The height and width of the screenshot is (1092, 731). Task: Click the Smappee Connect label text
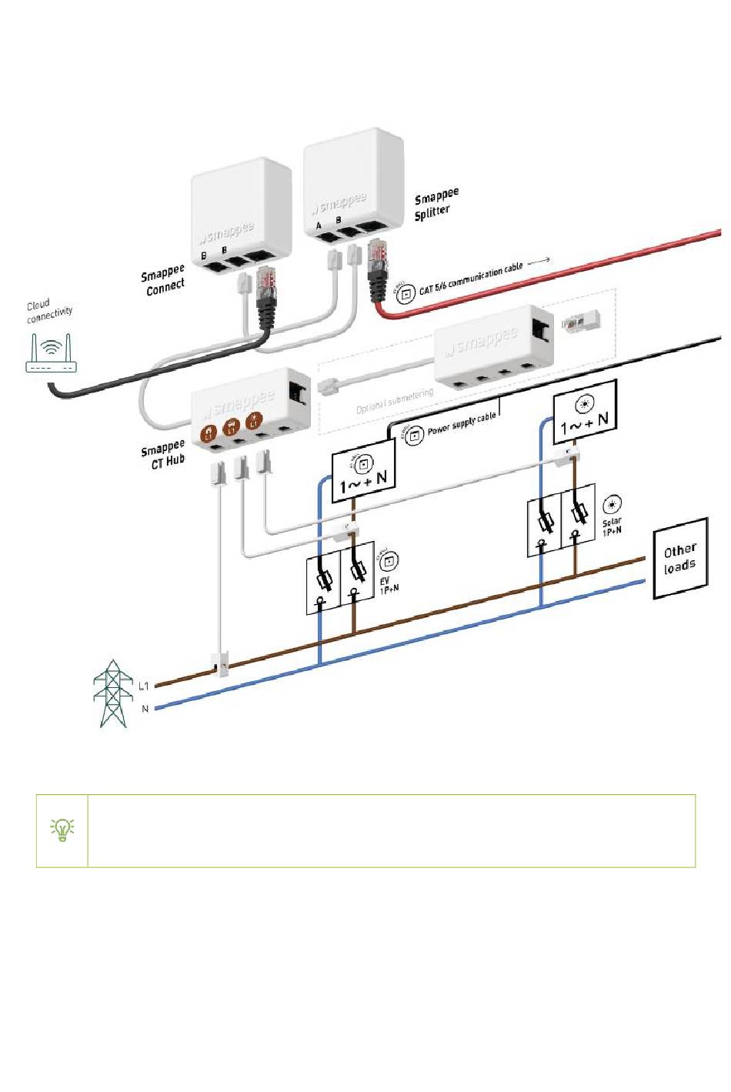[163, 280]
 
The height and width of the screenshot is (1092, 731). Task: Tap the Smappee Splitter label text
[436, 204]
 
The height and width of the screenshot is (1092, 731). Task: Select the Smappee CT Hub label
[163, 454]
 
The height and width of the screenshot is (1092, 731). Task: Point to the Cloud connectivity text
[49, 311]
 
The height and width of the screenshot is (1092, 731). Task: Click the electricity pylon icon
[112, 693]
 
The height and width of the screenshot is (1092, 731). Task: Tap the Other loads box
[679, 558]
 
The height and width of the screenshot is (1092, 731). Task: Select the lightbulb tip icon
[62, 830]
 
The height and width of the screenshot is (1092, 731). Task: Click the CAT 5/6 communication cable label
[470, 279]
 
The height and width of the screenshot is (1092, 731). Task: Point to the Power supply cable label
[462, 424]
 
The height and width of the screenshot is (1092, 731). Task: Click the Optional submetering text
[394, 401]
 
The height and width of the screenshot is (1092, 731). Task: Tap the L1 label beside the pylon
[144, 685]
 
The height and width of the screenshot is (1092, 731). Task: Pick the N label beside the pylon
[145, 709]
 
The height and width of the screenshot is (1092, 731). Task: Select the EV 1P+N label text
[388, 585]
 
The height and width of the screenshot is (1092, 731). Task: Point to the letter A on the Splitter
[319, 225]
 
